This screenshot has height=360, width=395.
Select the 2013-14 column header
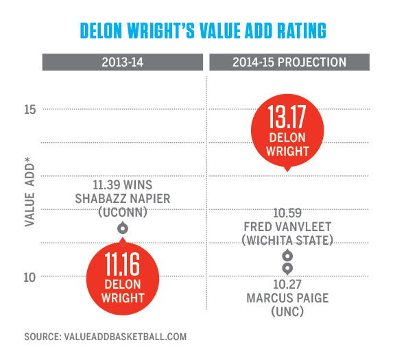[123, 62]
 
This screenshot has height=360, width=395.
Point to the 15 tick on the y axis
[29, 109]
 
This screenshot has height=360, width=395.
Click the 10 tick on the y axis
[29, 277]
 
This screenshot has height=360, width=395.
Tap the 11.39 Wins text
[122, 185]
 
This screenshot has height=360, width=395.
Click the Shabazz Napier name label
[122, 199]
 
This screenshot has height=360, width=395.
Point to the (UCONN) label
[122, 213]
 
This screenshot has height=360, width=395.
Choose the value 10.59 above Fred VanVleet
[287, 212]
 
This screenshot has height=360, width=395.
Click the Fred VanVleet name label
[287, 226]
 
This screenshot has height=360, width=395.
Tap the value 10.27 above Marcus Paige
[287, 283]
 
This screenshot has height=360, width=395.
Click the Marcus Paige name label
[287, 297]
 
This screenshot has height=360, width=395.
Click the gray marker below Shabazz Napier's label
[122, 228]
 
